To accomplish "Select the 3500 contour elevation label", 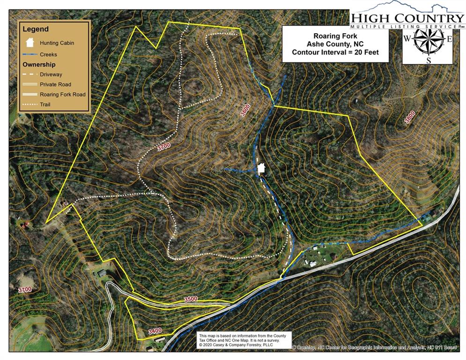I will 191,299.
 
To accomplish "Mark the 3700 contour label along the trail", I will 163,147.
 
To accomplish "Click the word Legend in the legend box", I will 36,29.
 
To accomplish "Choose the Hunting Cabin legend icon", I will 30,42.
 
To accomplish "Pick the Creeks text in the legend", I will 49,55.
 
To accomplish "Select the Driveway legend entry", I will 51,75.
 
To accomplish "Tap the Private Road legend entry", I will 55,84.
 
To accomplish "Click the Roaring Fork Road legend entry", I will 62,94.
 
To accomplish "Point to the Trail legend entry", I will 45,104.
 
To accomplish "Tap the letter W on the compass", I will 407,38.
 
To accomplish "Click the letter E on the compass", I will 449,38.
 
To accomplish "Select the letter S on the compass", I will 428,60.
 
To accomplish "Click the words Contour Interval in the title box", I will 316,52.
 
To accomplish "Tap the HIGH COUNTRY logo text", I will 407,18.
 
